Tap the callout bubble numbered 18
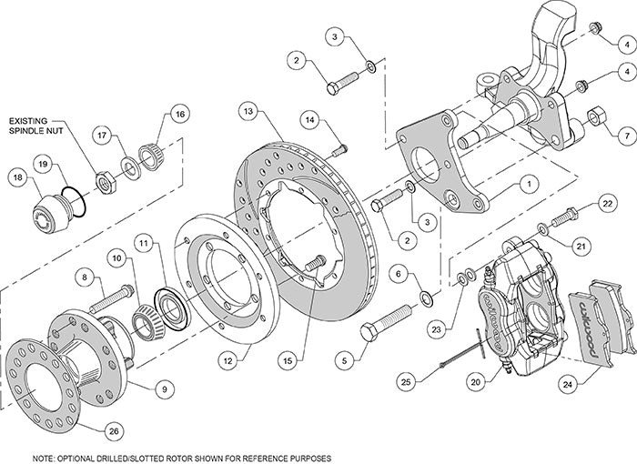17,178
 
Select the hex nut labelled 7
597,116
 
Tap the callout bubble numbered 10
116,258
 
